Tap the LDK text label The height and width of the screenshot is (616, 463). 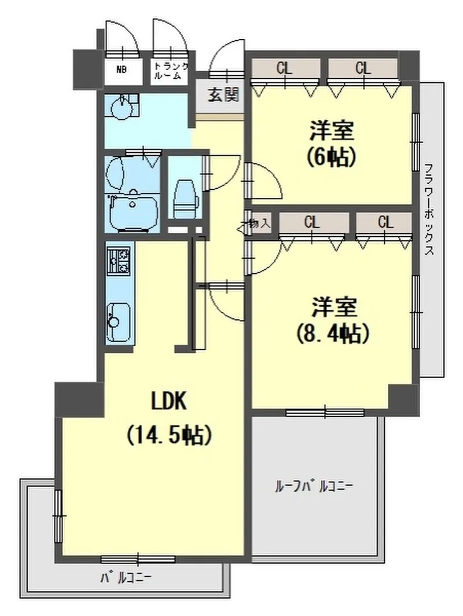169,401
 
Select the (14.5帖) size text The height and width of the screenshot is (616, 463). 168,435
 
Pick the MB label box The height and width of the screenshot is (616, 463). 121,71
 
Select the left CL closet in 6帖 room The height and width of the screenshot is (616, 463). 284,68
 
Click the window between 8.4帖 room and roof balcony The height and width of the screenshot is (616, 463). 325,413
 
